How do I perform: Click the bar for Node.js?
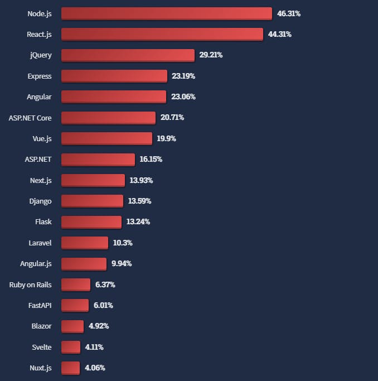click(166, 13)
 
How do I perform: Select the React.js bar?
click(162, 34)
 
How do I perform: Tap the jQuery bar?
click(128, 55)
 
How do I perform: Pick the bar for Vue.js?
click(106, 138)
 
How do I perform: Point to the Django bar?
click(92, 201)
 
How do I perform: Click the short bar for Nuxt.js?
click(70, 368)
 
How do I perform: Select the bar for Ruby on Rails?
click(75, 284)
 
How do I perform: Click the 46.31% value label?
click(289, 13)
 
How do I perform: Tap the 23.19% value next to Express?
click(183, 76)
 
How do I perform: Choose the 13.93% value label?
click(141, 180)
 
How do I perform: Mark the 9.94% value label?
click(122, 263)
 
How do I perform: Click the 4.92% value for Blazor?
click(99, 326)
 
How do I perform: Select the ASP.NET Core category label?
click(30, 118)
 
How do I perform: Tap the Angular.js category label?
click(36, 263)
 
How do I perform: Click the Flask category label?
click(43, 221)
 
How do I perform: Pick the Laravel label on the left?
click(40, 243)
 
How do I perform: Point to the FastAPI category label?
click(40, 305)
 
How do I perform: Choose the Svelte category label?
click(42, 347)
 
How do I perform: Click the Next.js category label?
click(41, 180)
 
